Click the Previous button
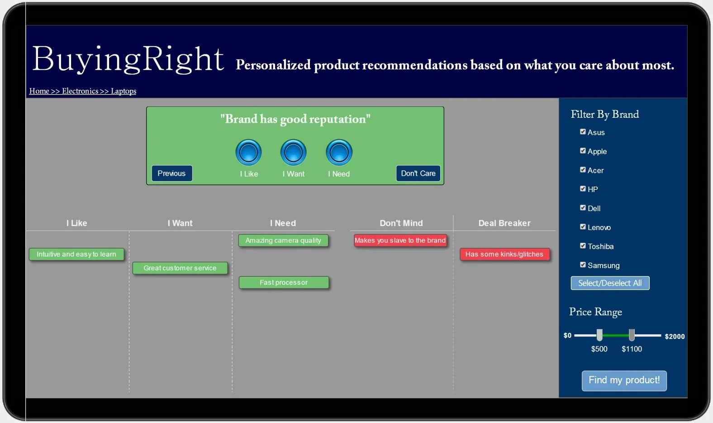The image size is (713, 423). pos(171,173)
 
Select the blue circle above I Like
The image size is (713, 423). pos(248,152)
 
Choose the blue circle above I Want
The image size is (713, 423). pos(294,152)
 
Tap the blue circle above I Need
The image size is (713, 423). pos(339,152)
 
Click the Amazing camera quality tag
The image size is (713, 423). pos(283,240)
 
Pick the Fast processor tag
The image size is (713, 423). pos(284,283)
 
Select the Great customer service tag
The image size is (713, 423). pos(180,268)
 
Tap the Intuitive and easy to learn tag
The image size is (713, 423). pos(76,255)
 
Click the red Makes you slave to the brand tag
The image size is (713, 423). pos(400,240)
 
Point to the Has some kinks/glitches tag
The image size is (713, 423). pos(504,255)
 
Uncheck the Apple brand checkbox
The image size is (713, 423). pos(583,151)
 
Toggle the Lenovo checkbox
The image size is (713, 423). pos(583,227)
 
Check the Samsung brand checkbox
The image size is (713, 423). pos(583,265)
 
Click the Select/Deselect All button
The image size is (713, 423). pos(610,283)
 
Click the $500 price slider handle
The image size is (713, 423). pos(599,335)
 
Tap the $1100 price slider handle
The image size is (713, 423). pos(632,335)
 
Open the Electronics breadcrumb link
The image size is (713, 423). pos(80,91)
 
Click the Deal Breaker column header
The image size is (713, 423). pos(504,223)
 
